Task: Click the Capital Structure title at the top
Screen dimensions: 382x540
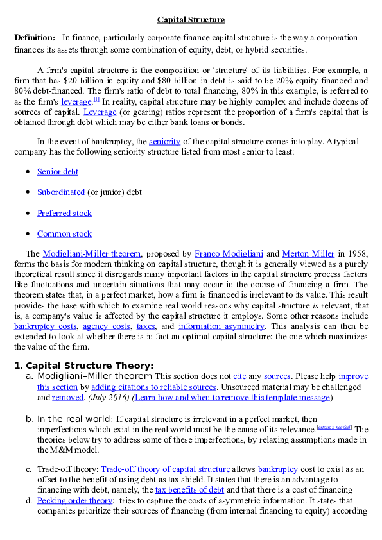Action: click(x=191, y=20)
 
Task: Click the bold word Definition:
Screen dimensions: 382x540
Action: click(x=35, y=38)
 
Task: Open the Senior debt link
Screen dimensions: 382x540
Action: click(x=58, y=171)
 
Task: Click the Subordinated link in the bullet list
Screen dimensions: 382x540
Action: click(x=61, y=192)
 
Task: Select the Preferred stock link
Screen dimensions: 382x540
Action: click(x=64, y=213)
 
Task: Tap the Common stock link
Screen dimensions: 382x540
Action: click(x=64, y=234)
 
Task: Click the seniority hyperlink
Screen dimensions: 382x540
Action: click(x=164, y=142)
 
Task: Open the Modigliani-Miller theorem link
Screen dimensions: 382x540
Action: click(x=92, y=254)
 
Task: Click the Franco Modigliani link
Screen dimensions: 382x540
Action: click(x=229, y=254)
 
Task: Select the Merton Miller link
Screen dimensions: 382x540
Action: click(x=308, y=254)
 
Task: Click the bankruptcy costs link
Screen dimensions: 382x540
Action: click(x=46, y=326)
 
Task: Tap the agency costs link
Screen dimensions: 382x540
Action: click(x=107, y=326)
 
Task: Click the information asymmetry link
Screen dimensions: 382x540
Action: click(x=221, y=326)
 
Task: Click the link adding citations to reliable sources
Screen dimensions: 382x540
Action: click(x=153, y=387)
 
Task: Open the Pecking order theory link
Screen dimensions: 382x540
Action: click(x=75, y=500)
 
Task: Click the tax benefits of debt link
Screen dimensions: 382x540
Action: click(x=189, y=490)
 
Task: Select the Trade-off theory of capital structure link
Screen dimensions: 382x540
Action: click(x=166, y=469)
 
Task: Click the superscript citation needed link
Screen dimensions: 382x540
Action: click(x=334, y=427)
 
